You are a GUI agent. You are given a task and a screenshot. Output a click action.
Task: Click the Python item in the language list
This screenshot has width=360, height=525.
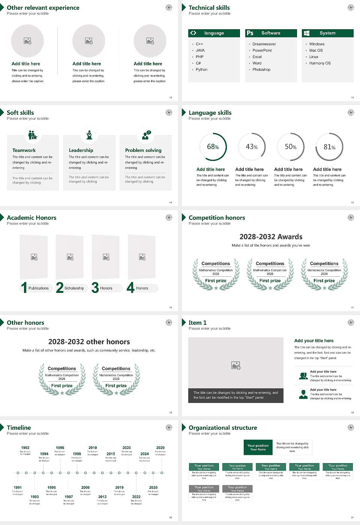[x=201, y=70]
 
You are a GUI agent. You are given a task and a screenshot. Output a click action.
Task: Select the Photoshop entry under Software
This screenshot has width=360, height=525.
[x=261, y=70]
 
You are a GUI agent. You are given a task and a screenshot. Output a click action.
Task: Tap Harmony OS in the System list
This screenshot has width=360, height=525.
[x=320, y=63]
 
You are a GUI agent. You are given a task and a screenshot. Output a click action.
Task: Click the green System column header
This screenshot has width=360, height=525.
[x=327, y=33]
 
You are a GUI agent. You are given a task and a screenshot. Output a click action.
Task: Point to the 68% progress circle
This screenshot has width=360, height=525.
[x=213, y=147]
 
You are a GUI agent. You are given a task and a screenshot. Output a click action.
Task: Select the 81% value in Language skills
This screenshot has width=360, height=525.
[x=329, y=147]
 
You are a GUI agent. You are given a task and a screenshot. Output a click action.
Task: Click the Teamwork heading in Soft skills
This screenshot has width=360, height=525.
[x=24, y=150]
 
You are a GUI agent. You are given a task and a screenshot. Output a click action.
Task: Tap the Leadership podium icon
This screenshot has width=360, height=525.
[x=89, y=135]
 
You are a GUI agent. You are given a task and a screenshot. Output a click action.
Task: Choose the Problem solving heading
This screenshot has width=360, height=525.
[x=143, y=150]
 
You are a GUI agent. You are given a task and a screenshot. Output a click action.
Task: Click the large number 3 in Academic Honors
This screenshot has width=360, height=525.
[x=95, y=288]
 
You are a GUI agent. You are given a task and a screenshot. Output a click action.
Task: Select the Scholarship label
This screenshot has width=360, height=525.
[x=74, y=288]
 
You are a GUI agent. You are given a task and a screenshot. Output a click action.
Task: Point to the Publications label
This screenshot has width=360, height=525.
[x=38, y=288]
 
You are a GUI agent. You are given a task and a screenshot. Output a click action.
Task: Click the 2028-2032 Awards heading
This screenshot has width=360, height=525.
[x=271, y=237]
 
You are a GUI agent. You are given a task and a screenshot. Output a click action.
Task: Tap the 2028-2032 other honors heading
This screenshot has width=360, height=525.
[x=89, y=342]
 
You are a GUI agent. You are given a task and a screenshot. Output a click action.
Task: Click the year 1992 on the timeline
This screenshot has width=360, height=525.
[x=25, y=448]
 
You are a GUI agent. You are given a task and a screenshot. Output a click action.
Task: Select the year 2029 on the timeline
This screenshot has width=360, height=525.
[x=160, y=448]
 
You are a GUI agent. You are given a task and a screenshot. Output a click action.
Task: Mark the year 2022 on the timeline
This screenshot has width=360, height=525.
[x=136, y=496]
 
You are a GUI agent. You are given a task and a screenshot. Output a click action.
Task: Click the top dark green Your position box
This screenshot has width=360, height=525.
[x=258, y=447]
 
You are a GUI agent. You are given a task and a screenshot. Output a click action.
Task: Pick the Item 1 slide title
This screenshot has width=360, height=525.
[x=197, y=322]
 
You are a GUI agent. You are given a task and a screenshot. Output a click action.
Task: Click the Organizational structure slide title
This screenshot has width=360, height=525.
[x=223, y=427]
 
